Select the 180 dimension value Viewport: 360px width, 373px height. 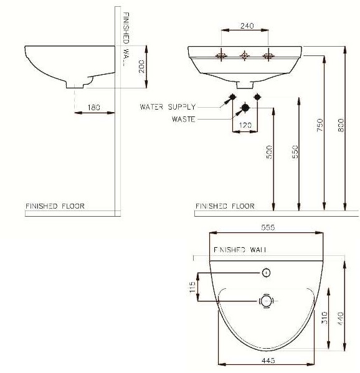(94, 107)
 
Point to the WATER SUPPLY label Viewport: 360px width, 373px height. (168, 107)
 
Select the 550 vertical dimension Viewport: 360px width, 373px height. (295, 152)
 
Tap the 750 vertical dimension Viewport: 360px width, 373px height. (320, 125)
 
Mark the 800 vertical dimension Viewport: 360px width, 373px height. (341, 125)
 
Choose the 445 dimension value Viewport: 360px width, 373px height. (269, 361)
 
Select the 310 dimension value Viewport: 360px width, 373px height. (324, 320)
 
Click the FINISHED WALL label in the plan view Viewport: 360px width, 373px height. (240, 249)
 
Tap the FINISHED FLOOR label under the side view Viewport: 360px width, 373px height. (55, 205)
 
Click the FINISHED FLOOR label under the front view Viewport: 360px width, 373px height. (225, 205)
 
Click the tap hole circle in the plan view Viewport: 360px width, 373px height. (267, 273)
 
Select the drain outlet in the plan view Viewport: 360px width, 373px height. (267, 301)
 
